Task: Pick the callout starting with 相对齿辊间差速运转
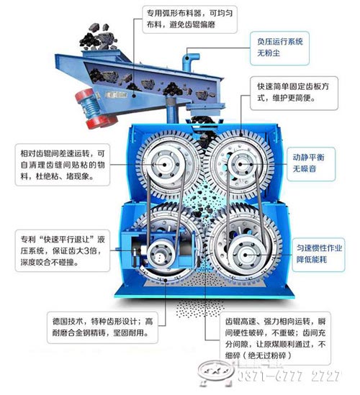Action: (63, 165)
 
